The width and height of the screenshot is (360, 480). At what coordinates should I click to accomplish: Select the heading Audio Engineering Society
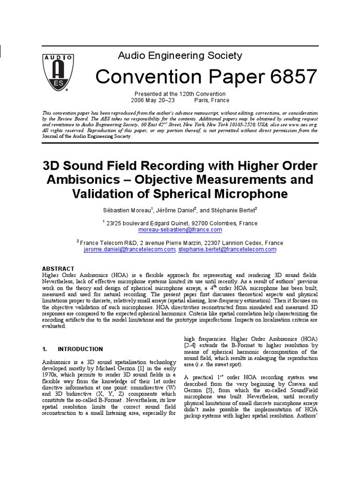180,56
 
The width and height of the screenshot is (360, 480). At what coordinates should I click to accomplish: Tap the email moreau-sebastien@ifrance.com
180,230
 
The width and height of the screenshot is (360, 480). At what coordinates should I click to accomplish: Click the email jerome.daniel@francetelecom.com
130,250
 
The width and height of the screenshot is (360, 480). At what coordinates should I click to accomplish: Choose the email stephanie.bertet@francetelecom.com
227,250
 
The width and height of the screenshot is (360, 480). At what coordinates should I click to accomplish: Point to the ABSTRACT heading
58,269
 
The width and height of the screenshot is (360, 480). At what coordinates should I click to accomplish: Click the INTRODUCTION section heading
80,349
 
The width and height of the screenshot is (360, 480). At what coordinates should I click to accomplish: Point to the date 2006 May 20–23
153,100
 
